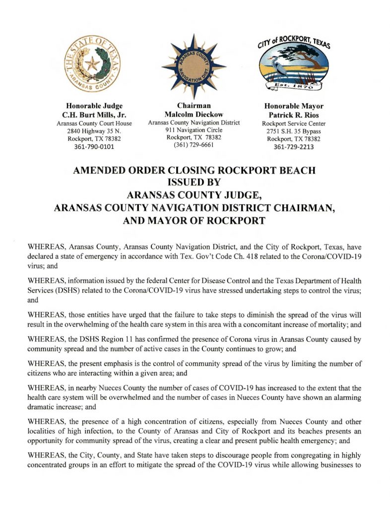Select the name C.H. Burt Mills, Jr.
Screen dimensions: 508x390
[94, 115]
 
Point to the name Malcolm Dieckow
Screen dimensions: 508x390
[194, 115]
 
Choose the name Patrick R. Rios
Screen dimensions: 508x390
[294, 115]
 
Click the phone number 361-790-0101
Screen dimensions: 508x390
[94, 147]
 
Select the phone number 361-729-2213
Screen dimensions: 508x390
[294, 147]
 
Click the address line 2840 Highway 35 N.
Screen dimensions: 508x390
[94, 131]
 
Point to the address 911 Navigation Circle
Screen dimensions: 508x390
[194, 130]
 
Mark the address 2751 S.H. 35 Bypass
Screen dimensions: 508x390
[294, 131]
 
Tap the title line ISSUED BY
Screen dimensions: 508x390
[194, 183]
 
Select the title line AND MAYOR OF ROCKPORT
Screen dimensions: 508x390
[194, 221]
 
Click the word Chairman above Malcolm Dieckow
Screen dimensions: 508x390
[194, 106]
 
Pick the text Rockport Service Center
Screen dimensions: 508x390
[294, 124]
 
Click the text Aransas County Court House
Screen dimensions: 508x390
[94, 123]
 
